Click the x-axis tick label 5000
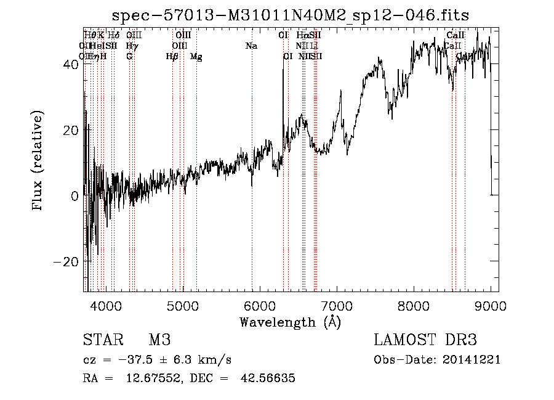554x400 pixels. click(183, 305)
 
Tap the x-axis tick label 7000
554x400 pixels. click(337, 305)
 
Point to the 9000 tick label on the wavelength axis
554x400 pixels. click(491, 305)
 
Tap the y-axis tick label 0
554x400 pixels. click(74, 196)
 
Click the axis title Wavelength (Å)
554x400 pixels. click(290, 322)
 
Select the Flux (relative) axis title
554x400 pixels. click(38, 161)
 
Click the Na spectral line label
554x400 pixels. click(251, 46)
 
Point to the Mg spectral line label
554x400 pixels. click(196, 57)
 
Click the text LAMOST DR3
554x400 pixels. click(425, 341)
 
